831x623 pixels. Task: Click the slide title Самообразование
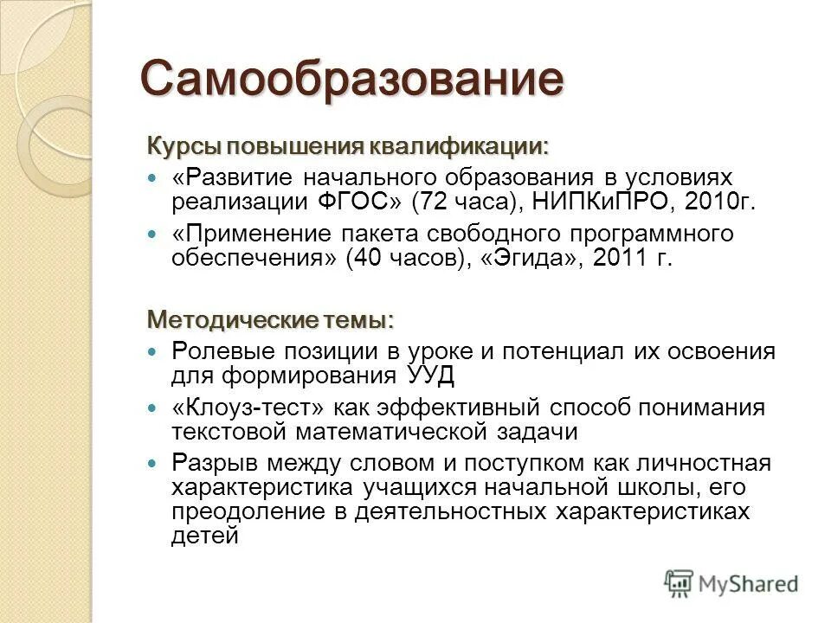[x=352, y=80]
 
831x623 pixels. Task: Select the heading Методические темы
[x=270, y=320]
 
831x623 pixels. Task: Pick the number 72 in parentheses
[x=435, y=202]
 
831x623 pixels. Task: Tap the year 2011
[x=620, y=259]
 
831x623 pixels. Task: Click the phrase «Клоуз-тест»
[x=235, y=408]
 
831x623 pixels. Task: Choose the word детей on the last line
[x=204, y=536]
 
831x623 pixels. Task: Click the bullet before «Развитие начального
[x=154, y=177]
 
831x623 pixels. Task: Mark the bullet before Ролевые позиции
[x=154, y=351]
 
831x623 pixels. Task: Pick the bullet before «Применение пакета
[x=154, y=234]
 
